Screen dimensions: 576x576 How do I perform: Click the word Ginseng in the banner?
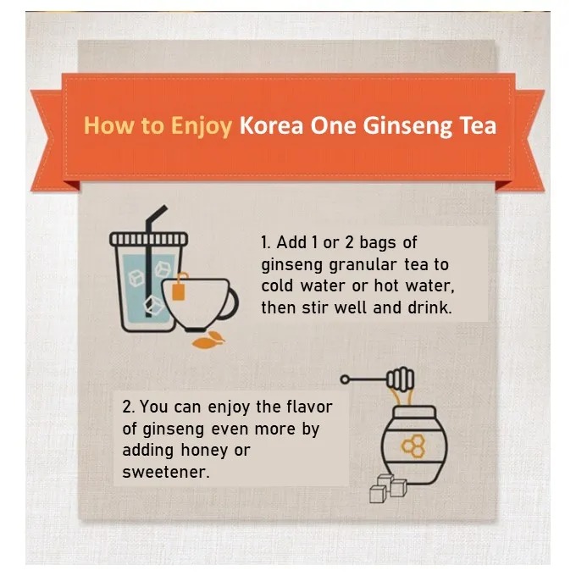[407, 127]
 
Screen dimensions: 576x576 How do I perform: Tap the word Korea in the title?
[271, 125]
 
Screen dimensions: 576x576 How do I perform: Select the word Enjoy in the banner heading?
[202, 127]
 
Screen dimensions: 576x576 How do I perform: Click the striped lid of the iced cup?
[149, 239]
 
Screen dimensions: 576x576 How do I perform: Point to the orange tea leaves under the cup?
[208, 340]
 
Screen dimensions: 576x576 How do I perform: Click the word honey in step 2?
[205, 451]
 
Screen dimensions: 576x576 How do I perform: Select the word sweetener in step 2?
[166, 472]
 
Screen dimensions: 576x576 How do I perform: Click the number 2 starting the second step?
[127, 407]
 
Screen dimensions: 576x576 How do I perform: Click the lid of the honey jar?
[415, 412]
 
